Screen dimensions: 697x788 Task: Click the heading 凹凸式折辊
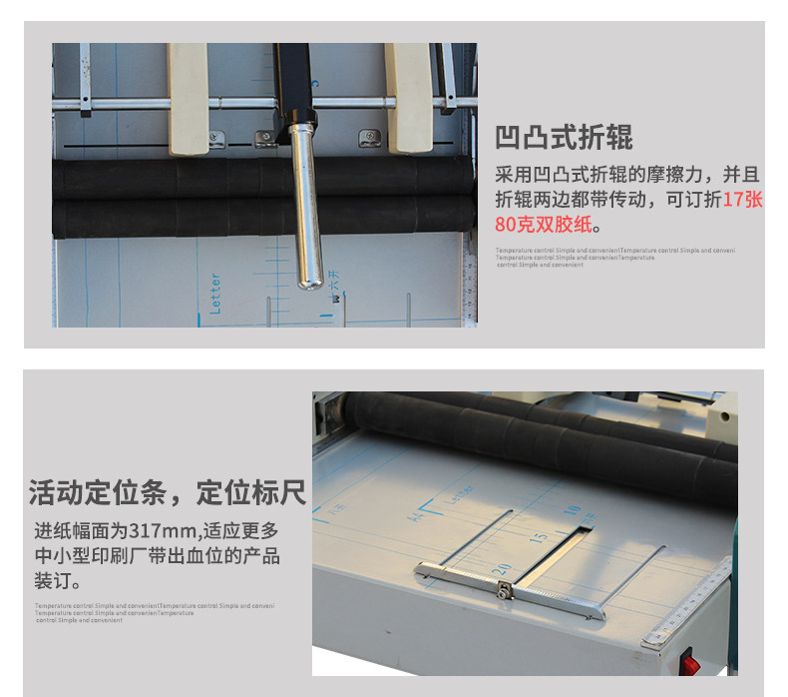click(x=564, y=137)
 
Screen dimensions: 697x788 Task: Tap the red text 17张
click(x=743, y=200)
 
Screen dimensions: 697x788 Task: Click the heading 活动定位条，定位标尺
click(x=168, y=493)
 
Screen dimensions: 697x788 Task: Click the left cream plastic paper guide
click(x=188, y=97)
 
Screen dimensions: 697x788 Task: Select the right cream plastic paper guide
click(x=408, y=97)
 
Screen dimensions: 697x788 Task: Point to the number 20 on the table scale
click(x=504, y=568)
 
